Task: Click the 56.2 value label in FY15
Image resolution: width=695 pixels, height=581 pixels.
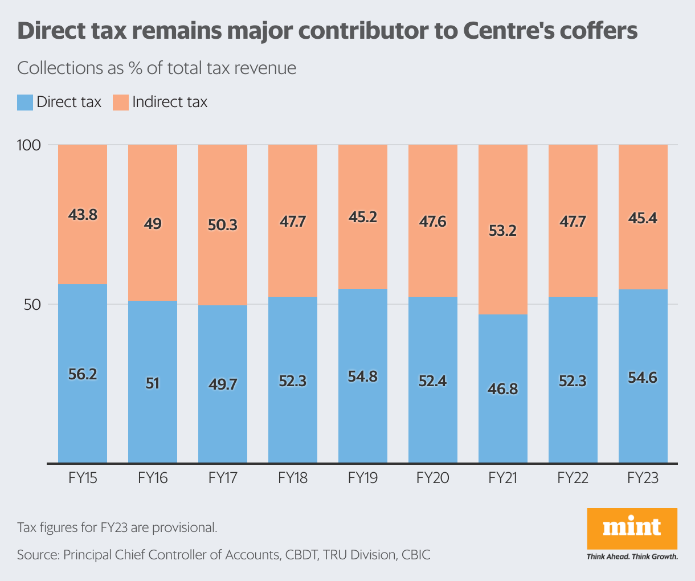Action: click(x=83, y=374)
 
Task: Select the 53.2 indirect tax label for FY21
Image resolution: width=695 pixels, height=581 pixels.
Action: click(x=502, y=231)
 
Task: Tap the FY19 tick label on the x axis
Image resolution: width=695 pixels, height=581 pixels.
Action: click(x=363, y=478)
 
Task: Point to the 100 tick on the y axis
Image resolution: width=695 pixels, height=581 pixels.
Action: click(x=29, y=145)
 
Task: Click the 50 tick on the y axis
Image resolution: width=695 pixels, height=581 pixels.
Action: click(x=32, y=305)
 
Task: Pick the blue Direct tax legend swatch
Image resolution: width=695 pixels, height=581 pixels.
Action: click(x=25, y=103)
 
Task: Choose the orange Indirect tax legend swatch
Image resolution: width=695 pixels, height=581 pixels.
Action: click(x=121, y=103)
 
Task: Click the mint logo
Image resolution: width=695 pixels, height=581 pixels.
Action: click(x=632, y=528)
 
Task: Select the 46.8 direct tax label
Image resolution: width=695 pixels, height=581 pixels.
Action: click(x=502, y=389)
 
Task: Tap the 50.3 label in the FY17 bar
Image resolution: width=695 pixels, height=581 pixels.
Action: click(x=223, y=225)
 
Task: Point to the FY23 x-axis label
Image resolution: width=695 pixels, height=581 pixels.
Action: click(x=643, y=478)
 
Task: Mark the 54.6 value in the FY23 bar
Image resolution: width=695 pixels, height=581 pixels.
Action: click(x=643, y=378)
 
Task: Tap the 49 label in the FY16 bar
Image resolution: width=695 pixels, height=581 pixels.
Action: click(x=153, y=224)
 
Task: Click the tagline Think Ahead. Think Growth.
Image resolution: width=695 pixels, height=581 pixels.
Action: click(x=632, y=557)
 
